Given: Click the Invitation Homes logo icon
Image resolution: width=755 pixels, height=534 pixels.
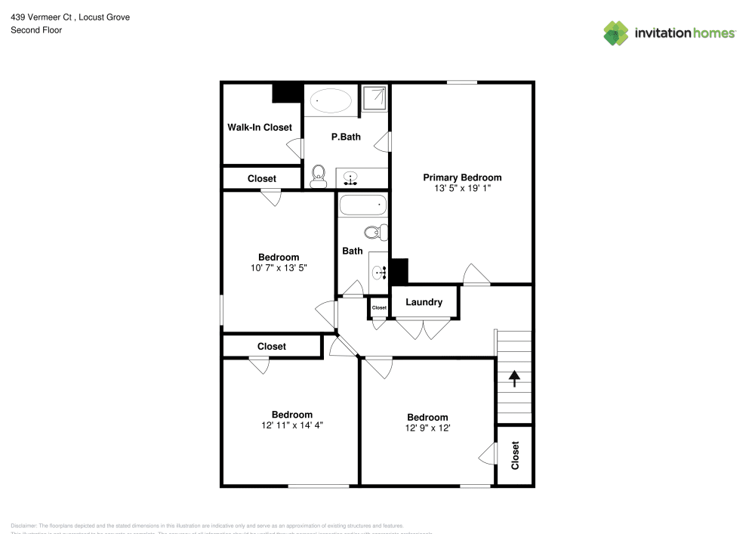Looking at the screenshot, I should [x=615, y=33].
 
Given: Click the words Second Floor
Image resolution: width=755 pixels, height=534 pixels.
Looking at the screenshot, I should [x=36, y=30].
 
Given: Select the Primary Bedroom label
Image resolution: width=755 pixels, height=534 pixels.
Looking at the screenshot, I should [x=461, y=177].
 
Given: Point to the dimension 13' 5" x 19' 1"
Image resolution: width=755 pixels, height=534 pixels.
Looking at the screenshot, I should [x=461, y=189].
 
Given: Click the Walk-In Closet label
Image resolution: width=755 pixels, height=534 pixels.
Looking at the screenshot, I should [x=260, y=128].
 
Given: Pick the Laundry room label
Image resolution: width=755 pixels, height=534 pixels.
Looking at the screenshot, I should [x=424, y=302].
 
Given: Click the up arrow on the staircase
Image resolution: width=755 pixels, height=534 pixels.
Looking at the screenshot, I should [x=515, y=378].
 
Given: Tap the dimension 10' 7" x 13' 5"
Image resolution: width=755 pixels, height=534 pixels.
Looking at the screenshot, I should [x=279, y=268].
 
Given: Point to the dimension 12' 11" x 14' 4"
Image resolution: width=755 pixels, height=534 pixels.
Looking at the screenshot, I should [x=292, y=425].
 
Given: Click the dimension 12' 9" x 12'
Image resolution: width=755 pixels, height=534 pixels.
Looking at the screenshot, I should [x=427, y=428].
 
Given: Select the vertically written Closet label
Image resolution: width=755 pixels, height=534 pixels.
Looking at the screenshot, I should [x=516, y=455].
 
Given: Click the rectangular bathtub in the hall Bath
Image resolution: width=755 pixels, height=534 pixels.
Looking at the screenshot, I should [x=362, y=205].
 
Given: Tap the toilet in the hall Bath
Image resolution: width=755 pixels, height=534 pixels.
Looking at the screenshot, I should [x=374, y=232].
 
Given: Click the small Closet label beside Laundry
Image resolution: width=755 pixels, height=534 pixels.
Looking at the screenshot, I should [x=379, y=308].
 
